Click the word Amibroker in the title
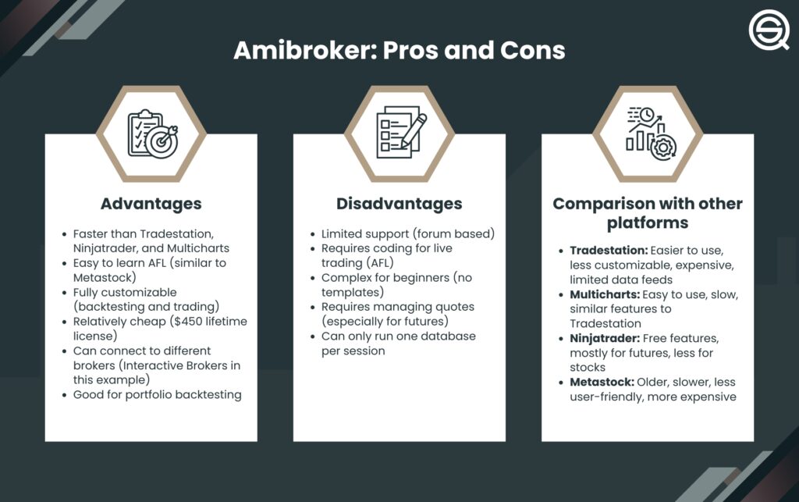click(305, 51)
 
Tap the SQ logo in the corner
click(769, 30)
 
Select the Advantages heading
click(151, 204)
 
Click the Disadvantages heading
click(399, 204)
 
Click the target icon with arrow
click(162, 141)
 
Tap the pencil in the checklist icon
click(414, 131)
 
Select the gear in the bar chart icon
click(663, 148)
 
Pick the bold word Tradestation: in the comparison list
click(609, 251)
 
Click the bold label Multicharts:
click(605, 294)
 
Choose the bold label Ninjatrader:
click(605, 338)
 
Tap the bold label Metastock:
click(602, 383)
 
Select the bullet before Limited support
click(313, 235)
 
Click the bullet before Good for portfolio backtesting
click(64, 396)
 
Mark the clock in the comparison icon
click(647, 115)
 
